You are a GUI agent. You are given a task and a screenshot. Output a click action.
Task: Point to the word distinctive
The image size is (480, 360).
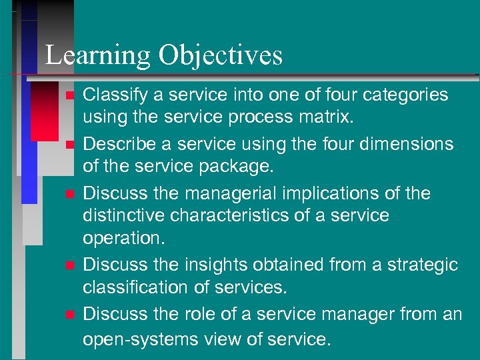point(123,215)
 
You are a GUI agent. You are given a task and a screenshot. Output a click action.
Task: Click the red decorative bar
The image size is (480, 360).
point(45,113)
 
